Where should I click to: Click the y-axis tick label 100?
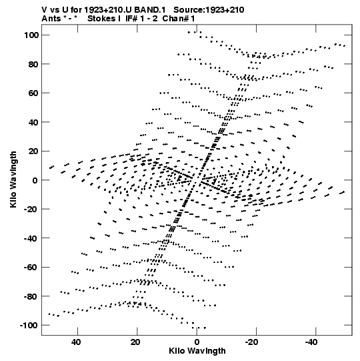pos(31,35)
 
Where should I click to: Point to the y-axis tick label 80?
pos(33,64)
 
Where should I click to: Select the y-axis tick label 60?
pos(33,93)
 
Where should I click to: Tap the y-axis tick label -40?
pos(31,238)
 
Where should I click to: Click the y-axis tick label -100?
pos(29,326)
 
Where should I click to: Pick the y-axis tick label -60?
pos(31,268)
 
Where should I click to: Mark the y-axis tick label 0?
pos(35,180)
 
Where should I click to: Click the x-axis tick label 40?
pos(76,342)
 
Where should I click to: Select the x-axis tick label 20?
pos(135,342)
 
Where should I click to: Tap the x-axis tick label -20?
pos(251,342)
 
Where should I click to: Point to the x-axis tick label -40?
pos(311,342)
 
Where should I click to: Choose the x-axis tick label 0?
pos(197,342)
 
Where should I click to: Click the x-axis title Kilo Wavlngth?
pos(197,351)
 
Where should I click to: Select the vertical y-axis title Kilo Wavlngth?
pos(13,179)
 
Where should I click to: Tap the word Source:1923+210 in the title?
pos(209,10)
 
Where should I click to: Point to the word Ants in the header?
pos(51,19)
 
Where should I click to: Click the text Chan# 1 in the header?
pos(179,19)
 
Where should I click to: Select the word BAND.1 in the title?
pos(150,10)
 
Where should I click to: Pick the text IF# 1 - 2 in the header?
pos(141,19)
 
